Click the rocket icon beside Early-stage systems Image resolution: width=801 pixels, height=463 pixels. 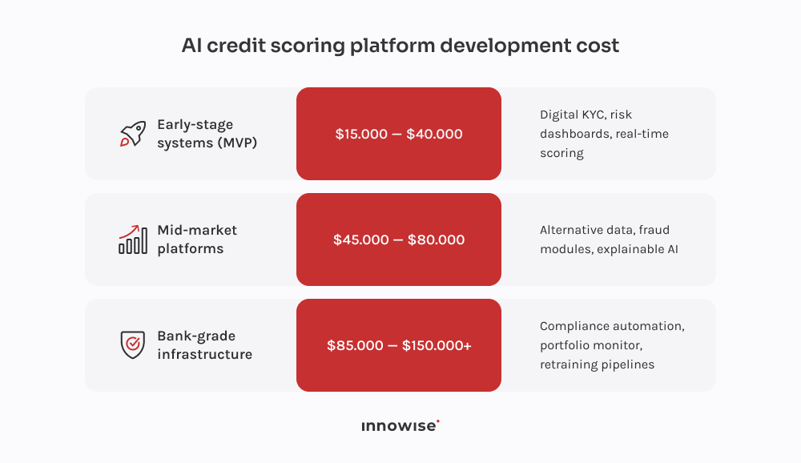[132, 134]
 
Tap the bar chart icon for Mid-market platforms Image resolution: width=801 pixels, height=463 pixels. [132, 240]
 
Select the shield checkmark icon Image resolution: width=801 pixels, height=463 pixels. [132, 345]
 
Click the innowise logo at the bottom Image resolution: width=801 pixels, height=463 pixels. [400, 426]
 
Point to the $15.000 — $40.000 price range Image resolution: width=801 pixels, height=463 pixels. [399, 134]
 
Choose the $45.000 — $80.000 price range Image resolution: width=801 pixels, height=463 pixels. [399, 240]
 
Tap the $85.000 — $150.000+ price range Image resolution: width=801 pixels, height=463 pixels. [399, 345]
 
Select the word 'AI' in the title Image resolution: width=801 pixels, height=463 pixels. [191, 46]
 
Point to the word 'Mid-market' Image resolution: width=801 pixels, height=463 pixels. [197, 230]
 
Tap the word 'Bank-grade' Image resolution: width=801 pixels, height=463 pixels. [196, 336]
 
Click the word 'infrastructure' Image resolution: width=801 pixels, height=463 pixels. [204, 354]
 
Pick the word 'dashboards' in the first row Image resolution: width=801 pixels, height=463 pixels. [574, 134]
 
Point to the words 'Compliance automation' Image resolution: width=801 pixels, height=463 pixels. [612, 326]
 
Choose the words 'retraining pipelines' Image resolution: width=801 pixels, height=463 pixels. [597, 364]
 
